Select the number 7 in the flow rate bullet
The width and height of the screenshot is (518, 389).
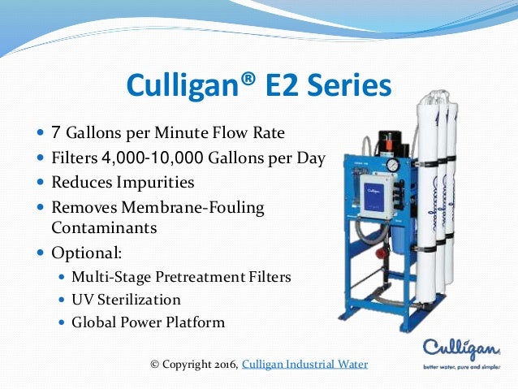pyautogui.click(x=57, y=132)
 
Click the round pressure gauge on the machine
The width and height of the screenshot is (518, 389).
pyautogui.click(x=392, y=164)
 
